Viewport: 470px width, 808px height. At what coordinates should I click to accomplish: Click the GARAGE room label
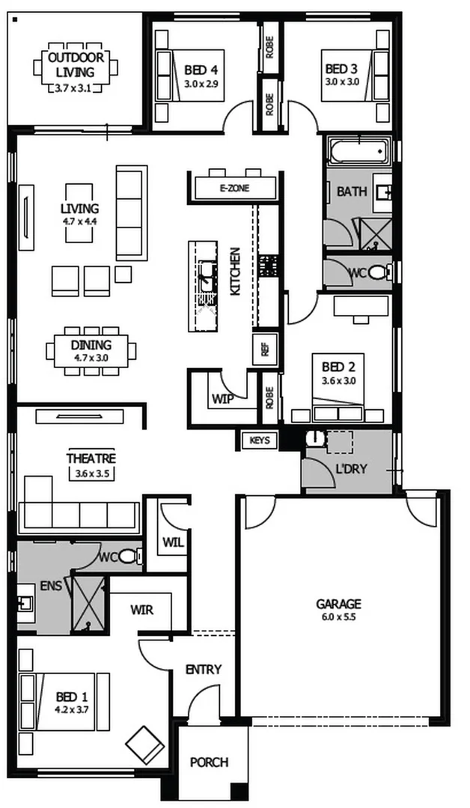(x=338, y=604)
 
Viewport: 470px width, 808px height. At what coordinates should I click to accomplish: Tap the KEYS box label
(x=259, y=441)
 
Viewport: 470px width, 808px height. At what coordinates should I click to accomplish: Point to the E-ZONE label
(x=234, y=189)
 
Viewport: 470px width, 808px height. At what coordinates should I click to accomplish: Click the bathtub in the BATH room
(x=358, y=151)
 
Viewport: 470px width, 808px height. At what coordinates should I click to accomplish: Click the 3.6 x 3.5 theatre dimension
(x=91, y=474)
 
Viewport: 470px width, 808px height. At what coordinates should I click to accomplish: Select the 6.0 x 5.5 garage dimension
(x=338, y=616)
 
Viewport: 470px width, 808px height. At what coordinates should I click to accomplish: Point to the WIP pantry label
(x=222, y=399)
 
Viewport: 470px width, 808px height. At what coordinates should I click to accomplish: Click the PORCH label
(x=210, y=762)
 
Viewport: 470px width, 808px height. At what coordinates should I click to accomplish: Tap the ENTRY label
(x=204, y=670)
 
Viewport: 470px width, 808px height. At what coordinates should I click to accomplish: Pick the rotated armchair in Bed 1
(x=144, y=744)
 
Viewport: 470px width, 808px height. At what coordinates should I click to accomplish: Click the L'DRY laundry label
(x=351, y=469)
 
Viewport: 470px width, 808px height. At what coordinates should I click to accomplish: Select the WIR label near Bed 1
(x=141, y=610)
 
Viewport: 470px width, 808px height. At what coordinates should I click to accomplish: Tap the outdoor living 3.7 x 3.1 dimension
(x=72, y=88)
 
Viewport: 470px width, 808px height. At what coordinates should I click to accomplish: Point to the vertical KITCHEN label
(x=235, y=272)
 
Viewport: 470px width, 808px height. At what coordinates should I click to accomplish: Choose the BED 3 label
(x=341, y=69)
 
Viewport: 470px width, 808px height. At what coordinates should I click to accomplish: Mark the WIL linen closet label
(x=174, y=542)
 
